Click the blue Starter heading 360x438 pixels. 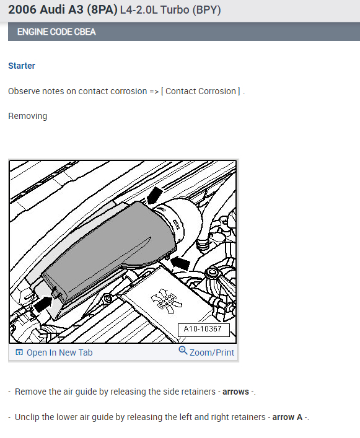pos(22,66)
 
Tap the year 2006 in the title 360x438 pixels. pos(23,10)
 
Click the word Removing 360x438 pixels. pos(27,116)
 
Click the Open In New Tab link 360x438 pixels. pos(59,353)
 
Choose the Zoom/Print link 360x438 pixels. pos(212,353)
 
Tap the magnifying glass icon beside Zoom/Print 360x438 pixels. pos(183,351)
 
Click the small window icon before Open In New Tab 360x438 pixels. pos(19,353)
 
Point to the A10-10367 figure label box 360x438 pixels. pos(203,330)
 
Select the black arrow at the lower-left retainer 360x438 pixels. pos(42,303)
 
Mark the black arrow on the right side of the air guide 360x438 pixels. pos(178,263)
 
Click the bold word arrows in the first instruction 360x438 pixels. pos(235,392)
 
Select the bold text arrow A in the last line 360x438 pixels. pos(288,417)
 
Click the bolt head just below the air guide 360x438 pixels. pos(108,300)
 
